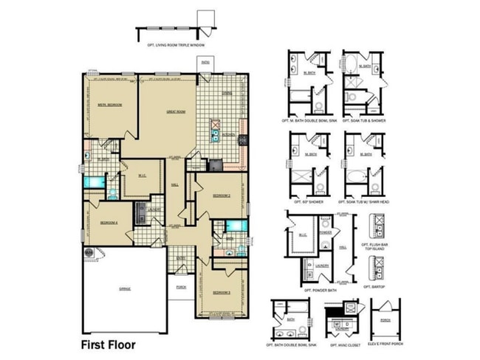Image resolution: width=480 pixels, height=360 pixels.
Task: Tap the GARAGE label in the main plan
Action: point(125,288)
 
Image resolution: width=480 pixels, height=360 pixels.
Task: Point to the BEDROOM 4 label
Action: point(109,222)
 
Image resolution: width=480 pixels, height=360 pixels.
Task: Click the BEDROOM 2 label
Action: point(222,195)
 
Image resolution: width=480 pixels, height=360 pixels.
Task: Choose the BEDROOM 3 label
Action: point(221,292)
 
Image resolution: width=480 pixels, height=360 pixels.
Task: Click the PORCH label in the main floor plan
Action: point(180,288)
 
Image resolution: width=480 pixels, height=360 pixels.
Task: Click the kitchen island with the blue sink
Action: point(215,131)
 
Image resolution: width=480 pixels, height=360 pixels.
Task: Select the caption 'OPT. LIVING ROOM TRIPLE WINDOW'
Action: point(175,46)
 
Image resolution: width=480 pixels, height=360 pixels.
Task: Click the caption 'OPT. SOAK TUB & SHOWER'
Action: point(365,120)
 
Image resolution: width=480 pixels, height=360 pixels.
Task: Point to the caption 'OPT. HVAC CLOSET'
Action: point(344,345)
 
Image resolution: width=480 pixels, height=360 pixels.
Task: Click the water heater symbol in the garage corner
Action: point(90,253)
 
